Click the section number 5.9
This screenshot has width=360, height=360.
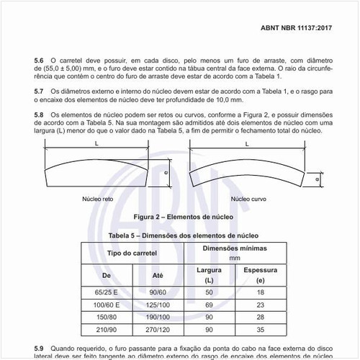(40, 348)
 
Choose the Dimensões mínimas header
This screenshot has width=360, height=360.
(235, 250)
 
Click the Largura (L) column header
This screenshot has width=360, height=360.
(209, 274)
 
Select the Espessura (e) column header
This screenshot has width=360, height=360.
(260, 274)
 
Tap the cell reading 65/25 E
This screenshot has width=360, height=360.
(107, 292)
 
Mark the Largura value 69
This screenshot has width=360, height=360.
(209, 305)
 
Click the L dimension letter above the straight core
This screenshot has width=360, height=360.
(95, 144)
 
